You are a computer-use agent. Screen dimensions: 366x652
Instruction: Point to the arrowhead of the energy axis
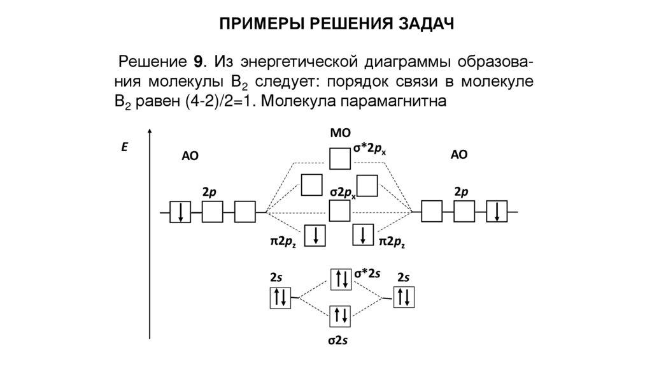pyautogui.click(x=150, y=132)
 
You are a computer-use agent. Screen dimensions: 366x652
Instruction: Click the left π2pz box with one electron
pyautogui.click(x=315, y=235)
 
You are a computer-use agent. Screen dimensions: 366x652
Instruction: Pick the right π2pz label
pyautogui.click(x=392, y=242)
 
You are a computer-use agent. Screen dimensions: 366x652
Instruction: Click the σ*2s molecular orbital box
pyautogui.click(x=339, y=278)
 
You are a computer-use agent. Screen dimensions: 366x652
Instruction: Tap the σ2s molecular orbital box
pyautogui.click(x=339, y=314)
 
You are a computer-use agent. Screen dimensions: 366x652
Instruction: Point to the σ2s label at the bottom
pyautogui.click(x=337, y=341)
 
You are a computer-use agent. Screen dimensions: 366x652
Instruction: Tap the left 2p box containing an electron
pyautogui.click(x=180, y=211)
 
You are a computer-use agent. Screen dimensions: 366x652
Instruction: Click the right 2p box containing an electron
pyautogui.click(x=497, y=211)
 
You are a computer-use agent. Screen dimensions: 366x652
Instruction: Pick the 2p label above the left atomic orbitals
pyautogui.click(x=208, y=191)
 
